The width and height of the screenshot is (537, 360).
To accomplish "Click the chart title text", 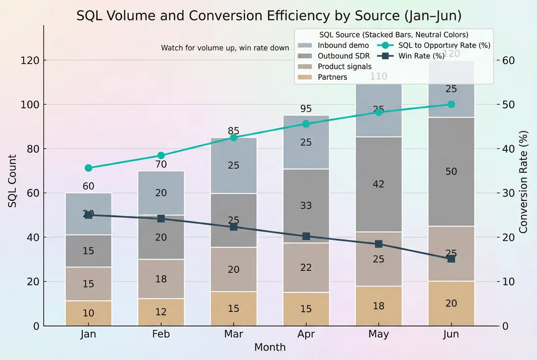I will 268,16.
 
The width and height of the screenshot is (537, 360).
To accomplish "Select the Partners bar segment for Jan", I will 88,313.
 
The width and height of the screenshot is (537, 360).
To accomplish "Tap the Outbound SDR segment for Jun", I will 451,171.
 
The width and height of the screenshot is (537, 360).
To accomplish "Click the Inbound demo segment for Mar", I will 234,166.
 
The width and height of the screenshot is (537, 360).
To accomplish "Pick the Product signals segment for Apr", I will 306,267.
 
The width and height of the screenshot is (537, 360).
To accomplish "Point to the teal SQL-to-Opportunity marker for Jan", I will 88,168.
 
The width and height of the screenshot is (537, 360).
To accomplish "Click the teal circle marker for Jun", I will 451,104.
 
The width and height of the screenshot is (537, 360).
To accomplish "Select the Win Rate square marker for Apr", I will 306,237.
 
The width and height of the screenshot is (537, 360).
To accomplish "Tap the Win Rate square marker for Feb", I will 161,218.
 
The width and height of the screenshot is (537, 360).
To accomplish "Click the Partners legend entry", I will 332,77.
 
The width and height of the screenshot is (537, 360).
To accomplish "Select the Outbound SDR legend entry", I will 343,56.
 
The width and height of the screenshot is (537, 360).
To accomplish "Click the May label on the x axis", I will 379,334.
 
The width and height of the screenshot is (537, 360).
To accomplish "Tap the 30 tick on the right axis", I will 508,193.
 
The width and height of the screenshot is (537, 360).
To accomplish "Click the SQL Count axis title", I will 12,181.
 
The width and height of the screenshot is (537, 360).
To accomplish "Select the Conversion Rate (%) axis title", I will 523,181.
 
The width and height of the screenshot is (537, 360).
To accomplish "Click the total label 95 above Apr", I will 306,109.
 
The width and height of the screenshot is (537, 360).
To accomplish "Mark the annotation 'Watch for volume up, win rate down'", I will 225,48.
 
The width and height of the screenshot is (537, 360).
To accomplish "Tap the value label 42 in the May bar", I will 379,184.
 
